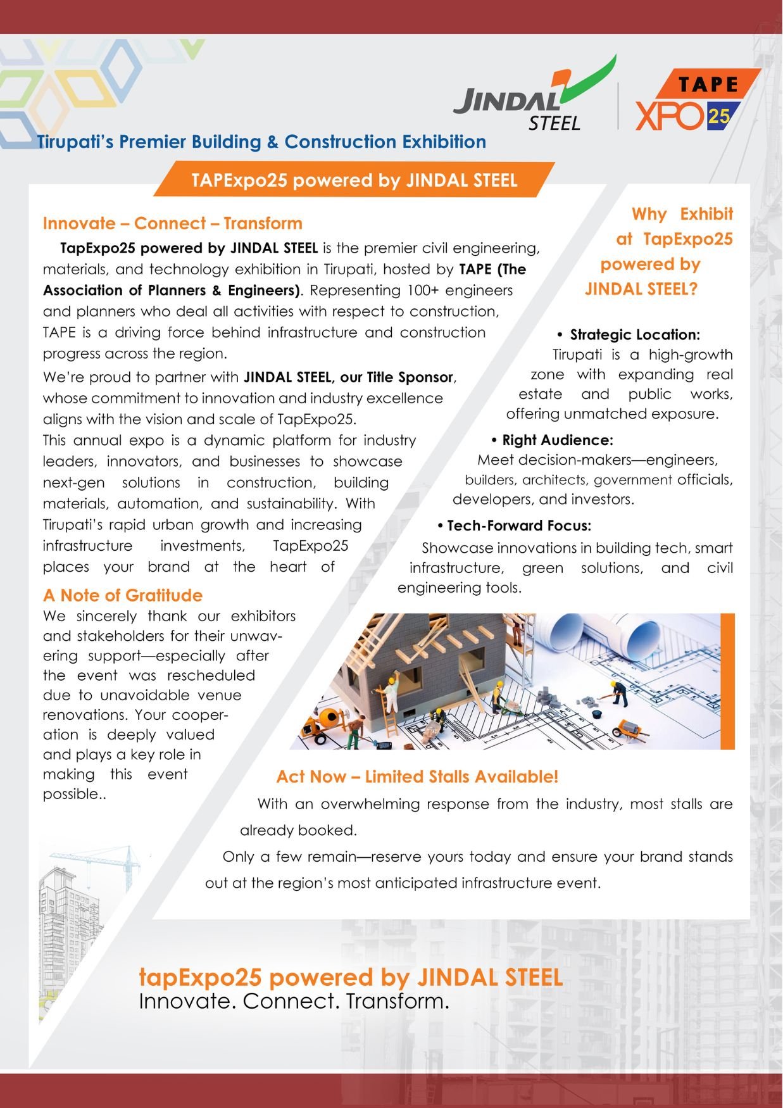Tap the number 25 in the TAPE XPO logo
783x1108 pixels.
point(719,116)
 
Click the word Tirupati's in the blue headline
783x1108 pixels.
point(75,142)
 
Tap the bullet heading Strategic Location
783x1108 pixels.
point(634,335)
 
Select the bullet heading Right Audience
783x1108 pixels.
point(557,440)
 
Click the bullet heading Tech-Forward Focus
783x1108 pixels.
point(519,526)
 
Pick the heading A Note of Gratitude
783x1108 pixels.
point(123,596)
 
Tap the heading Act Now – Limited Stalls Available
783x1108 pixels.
point(417,777)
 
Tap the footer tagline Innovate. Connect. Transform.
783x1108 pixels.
point(294,1002)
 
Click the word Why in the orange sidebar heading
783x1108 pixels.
point(649,214)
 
